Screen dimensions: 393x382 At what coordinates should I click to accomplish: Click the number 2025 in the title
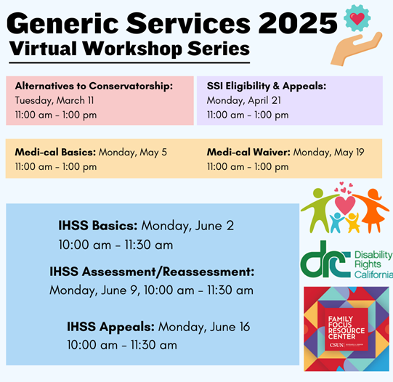coord(298,23)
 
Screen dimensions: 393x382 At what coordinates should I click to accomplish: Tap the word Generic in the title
coord(62,23)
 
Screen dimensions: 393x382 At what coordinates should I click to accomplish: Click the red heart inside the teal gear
coord(357,18)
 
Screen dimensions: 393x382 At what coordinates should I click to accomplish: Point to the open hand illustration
coord(356,49)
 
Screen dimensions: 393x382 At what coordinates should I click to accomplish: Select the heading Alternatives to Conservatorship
coord(94,86)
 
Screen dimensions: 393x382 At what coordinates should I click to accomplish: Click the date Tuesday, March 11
coord(54,100)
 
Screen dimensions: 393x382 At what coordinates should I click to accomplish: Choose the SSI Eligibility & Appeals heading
coord(267,86)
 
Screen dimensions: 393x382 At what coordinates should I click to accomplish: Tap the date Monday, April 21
coord(244,100)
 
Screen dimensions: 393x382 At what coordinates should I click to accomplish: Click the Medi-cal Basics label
coord(55,152)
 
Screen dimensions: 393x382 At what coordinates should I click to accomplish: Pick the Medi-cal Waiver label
coord(248,152)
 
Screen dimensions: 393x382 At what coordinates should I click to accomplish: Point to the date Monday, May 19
coord(328,153)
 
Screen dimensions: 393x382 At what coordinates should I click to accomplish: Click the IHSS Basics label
coord(98,225)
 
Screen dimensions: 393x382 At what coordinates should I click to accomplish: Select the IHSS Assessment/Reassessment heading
coord(152,272)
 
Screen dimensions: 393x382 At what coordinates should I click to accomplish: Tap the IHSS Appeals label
coord(110,327)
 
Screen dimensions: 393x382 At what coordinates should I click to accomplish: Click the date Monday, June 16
coord(204,327)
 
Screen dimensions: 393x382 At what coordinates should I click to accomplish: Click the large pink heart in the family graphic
coord(345,205)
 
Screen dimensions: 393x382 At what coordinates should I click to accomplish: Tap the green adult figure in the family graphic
coord(317,210)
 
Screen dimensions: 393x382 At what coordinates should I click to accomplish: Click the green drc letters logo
coord(325,259)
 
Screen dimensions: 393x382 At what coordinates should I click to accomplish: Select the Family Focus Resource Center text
coord(347,328)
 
